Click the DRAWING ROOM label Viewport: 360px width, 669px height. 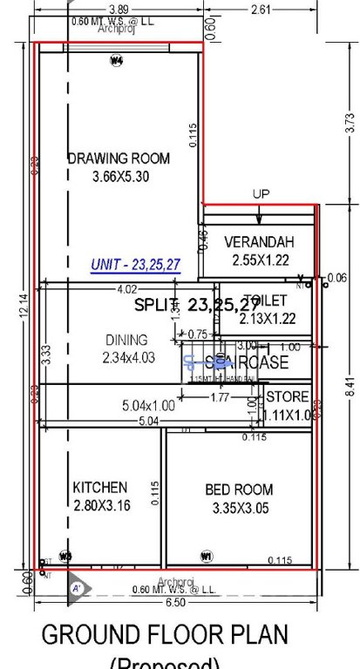(x=119, y=159)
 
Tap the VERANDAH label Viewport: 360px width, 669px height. (x=260, y=242)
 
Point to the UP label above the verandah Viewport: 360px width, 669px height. (x=262, y=194)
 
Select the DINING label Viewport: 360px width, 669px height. (x=126, y=340)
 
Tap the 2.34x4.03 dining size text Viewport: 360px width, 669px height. (x=126, y=356)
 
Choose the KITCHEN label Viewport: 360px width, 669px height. (x=99, y=488)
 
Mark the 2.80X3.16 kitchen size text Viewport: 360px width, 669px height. (x=99, y=505)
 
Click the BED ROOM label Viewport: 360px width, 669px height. (x=239, y=490)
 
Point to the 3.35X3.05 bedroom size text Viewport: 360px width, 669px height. (x=239, y=507)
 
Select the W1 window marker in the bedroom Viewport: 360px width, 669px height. (x=207, y=555)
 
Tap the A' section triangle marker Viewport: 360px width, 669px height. (x=76, y=588)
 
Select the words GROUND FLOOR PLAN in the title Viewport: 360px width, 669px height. (x=165, y=633)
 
